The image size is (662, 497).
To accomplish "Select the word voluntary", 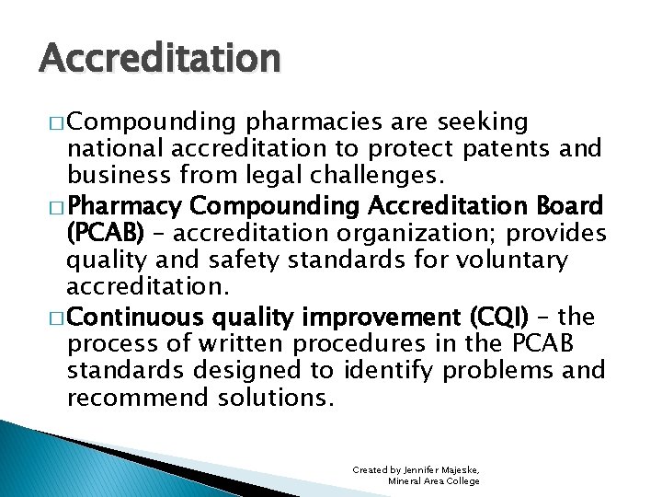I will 514,260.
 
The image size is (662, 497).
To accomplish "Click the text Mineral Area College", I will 433,481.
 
